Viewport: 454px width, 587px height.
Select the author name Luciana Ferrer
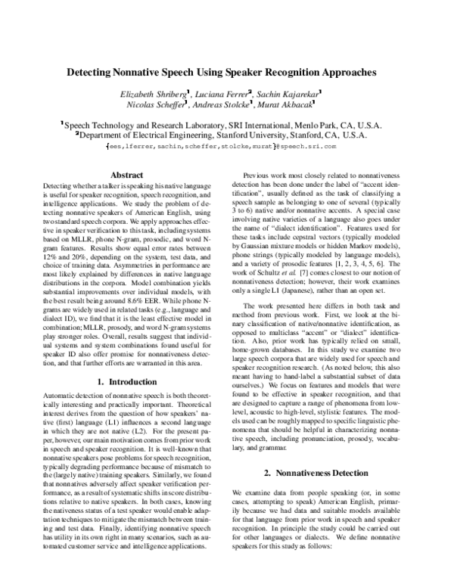[232, 93]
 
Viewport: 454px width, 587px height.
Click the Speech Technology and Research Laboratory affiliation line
[227, 124]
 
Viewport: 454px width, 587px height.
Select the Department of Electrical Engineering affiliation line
[227, 134]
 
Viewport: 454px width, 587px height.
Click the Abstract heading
[122, 174]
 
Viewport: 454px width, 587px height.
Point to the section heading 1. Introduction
[122, 382]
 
